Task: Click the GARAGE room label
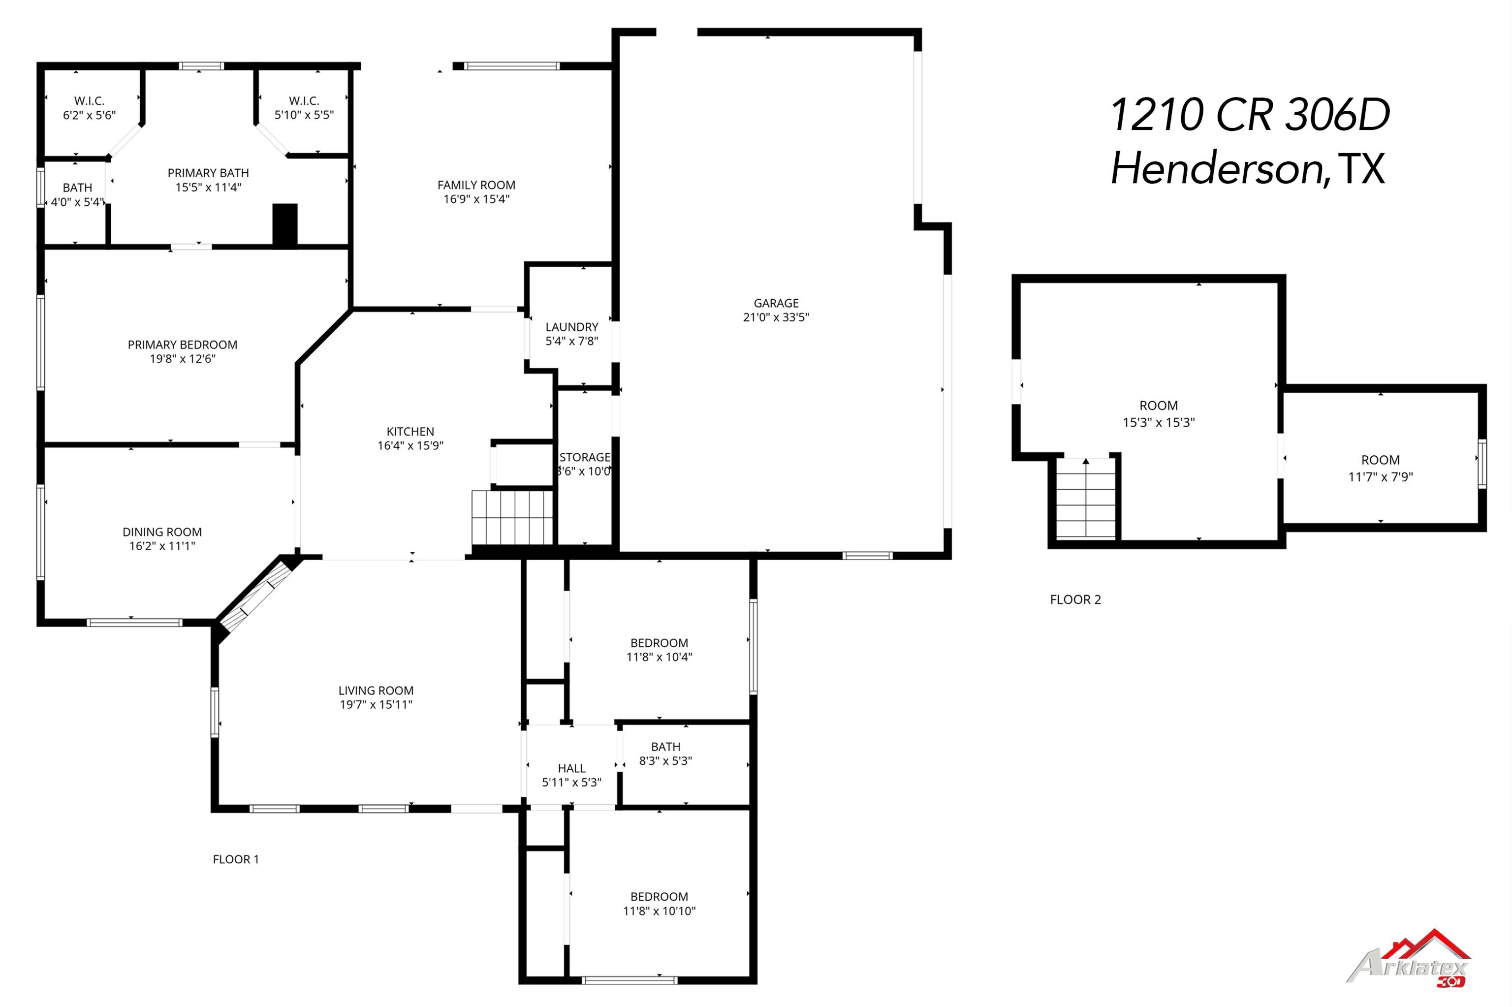[x=776, y=303]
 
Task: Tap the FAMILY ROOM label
[x=476, y=185]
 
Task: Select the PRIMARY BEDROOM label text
[x=182, y=345]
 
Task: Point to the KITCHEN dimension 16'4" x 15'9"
[x=410, y=446]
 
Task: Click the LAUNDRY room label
[x=571, y=327]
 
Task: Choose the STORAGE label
[x=584, y=457]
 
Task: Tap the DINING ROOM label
[x=162, y=532]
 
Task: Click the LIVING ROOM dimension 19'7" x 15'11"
[x=376, y=704]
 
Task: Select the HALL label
[x=571, y=768]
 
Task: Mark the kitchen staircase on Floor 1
[x=512, y=518]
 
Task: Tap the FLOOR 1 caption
[x=236, y=859]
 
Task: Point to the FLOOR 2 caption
[x=1075, y=600]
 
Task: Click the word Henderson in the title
[x=1217, y=169]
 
